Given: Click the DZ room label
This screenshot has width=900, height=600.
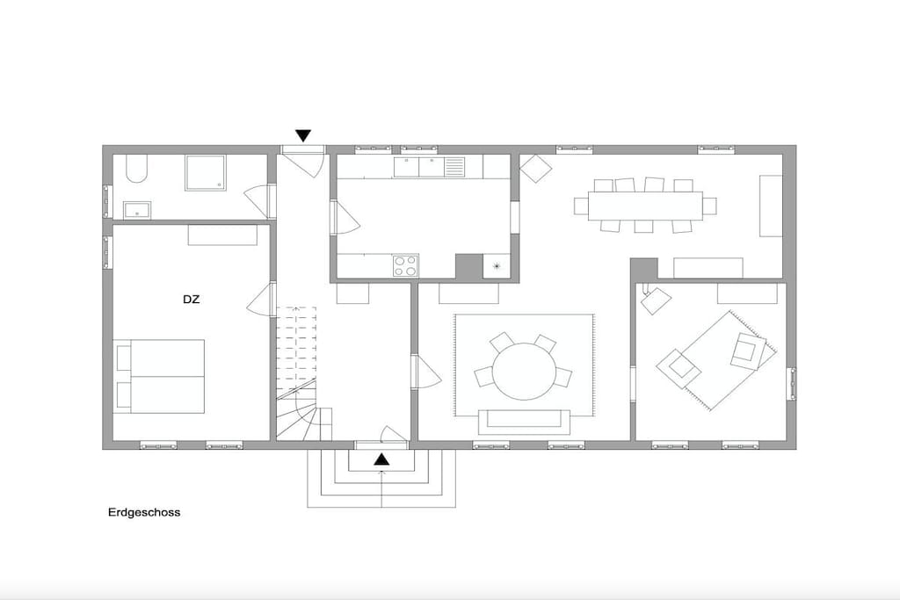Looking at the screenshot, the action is click(191, 300).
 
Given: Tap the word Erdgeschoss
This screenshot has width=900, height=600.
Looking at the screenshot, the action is click(144, 513).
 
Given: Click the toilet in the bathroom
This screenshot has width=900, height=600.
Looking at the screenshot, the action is click(136, 168).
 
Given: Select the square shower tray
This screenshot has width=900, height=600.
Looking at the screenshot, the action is click(206, 173).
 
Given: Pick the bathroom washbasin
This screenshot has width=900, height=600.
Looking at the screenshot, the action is click(137, 211).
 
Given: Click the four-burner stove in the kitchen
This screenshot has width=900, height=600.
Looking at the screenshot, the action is click(405, 266).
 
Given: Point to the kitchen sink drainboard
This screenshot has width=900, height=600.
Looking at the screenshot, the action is click(454, 167).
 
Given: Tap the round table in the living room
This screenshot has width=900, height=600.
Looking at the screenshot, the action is click(525, 371).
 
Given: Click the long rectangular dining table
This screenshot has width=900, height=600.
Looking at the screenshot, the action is click(645, 206).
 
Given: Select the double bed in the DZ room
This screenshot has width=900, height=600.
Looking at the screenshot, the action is click(160, 376).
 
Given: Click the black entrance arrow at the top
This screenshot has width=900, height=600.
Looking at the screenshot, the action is click(303, 136).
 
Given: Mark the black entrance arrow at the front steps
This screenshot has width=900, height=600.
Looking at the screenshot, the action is click(381, 459).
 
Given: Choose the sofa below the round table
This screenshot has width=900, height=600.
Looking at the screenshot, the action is click(524, 422).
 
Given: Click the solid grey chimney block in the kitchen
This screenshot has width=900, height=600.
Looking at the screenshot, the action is click(469, 267).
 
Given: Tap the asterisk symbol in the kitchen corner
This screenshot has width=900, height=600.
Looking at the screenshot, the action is click(496, 265).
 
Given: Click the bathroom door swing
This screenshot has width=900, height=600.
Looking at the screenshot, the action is click(257, 201).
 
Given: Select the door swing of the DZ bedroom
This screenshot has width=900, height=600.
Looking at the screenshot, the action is click(259, 300).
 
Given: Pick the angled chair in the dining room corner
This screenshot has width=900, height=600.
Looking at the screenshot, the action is click(535, 168).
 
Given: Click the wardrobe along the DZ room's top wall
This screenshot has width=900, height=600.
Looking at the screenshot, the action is click(222, 235).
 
